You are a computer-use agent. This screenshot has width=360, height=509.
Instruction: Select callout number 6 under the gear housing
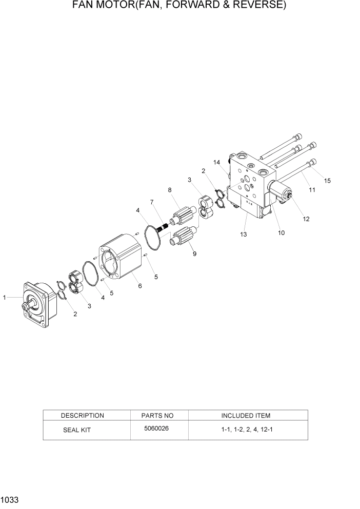pyautogui.click(x=140, y=286)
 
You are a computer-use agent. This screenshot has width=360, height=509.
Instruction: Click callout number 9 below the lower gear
pyautogui.click(x=194, y=253)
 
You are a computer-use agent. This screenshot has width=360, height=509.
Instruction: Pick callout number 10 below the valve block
pyautogui.click(x=282, y=232)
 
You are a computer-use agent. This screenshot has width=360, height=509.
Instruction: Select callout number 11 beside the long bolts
pyautogui.click(x=312, y=190)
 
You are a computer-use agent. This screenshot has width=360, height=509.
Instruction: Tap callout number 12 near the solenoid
pyautogui.click(x=306, y=219)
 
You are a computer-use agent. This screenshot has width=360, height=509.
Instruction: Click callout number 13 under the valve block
pyautogui.click(x=243, y=234)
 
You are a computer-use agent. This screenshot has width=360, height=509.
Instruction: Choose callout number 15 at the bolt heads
pyautogui.click(x=327, y=180)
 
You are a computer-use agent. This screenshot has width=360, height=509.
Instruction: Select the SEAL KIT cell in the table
pyautogui.click(x=76, y=430)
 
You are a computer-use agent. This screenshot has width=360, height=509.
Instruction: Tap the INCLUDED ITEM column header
pyautogui.click(x=246, y=416)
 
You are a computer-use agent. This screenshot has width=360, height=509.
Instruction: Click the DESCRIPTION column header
pyautogui.click(x=82, y=416)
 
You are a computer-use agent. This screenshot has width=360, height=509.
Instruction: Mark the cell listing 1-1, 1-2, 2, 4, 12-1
pyautogui.click(x=247, y=429)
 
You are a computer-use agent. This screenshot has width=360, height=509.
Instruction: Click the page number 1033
pyautogui.click(x=10, y=500)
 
